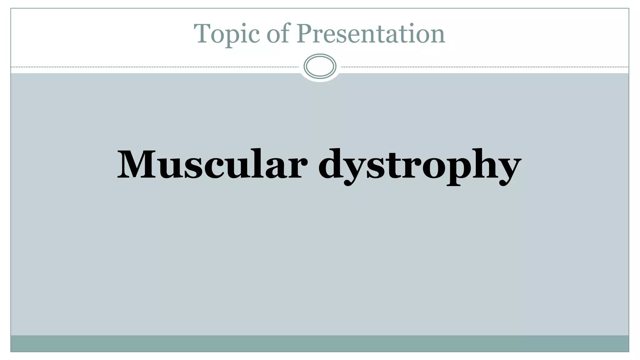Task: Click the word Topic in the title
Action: pyautogui.click(x=227, y=34)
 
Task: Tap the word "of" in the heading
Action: pyautogui.click(x=277, y=34)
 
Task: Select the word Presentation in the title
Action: pyautogui.click(x=371, y=34)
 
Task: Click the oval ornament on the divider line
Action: pyautogui.click(x=320, y=66)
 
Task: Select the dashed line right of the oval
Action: pyautogui.click(x=484, y=67)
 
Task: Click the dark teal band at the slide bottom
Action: pyautogui.click(x=320, y=343)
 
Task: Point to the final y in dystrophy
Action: pyautogui.click(x=508, y=170)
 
